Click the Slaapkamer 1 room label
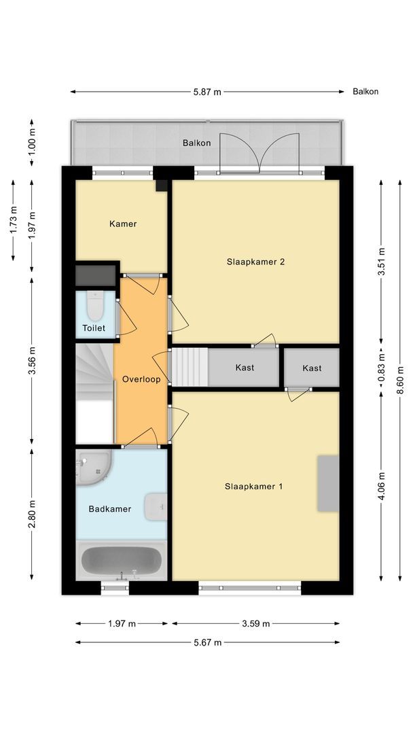[x=254, y=486]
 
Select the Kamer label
[x=123, y=224]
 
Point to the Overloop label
[x=141, y=379]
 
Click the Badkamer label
[x=109, y=508]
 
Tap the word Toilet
[x=94, y=328]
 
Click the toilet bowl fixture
[x=94, y=307]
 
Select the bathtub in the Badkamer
[x=122, y=561]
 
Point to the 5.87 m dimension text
[x=207, y=92]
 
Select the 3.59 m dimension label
[x=255, y=623]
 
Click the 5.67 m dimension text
[x=207, y=642]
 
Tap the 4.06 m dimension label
[x=381, y=486]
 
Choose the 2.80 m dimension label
[x=31, y=514]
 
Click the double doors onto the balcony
[x=259, y=152]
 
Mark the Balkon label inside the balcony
[x=196, y=143]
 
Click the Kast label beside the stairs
[x=245, y=368]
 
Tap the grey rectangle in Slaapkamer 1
[x=327, y=483]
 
